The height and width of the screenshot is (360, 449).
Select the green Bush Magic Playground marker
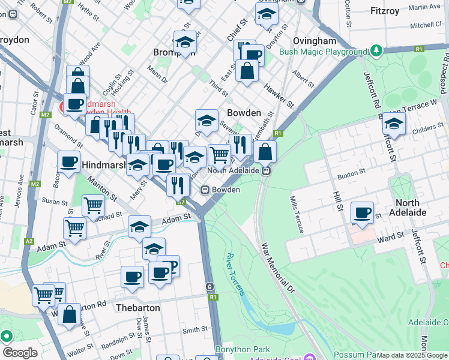(376, 50)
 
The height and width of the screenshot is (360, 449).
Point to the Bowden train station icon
(205, 190)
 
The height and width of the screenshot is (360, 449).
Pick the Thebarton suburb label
(137, 307)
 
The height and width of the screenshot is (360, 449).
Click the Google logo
(19, 353)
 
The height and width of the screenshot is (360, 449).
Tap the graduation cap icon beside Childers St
(394, 124)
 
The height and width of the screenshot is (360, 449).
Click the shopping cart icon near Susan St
(93, 205)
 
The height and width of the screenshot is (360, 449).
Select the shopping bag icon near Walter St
(70, 314)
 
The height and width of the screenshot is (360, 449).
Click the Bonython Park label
(243, 349)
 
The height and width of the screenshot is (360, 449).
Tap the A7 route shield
(182, 203)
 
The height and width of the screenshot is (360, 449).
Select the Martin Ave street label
(426, 7)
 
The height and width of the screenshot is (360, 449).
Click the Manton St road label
(101, 187)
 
